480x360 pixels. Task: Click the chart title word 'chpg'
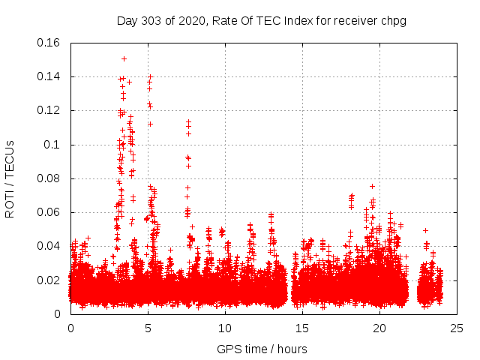pyautogui.click(x=392, y=20)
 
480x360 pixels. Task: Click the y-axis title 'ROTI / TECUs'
pyautogui.click(x=10, y=178)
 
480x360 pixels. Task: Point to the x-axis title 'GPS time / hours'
pyautogui.click(x=262, y=349)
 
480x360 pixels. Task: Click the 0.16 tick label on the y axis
pyautogui.click(x=49, y=43)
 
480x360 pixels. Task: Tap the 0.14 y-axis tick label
pyautogui.click(x=49, y=76)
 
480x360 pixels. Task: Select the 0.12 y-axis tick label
pyautogui.click(x=49, y=110)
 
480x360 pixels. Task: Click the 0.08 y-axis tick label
pyautogui.click(x=49, y=178)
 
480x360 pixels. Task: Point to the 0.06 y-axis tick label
pyautogui.click(x=49, y=212)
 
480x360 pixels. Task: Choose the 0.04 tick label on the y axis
pyautogui.click(x=49, y=246)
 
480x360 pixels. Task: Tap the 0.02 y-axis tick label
pyautogui.click(x=49, y=280)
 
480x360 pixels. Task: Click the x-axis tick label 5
pyautogui.click(x=148, y=328)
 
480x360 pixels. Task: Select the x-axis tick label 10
pyautogui.click(x=225, y=328)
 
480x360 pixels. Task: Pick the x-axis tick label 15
pyautogui.click(x=302, y=328)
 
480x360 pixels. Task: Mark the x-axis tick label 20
pyautogui.click(x=379, y=328)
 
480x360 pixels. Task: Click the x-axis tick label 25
pyautogui.click(x=457, y=328)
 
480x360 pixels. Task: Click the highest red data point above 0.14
pyautogui.click(x=124, y=58)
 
